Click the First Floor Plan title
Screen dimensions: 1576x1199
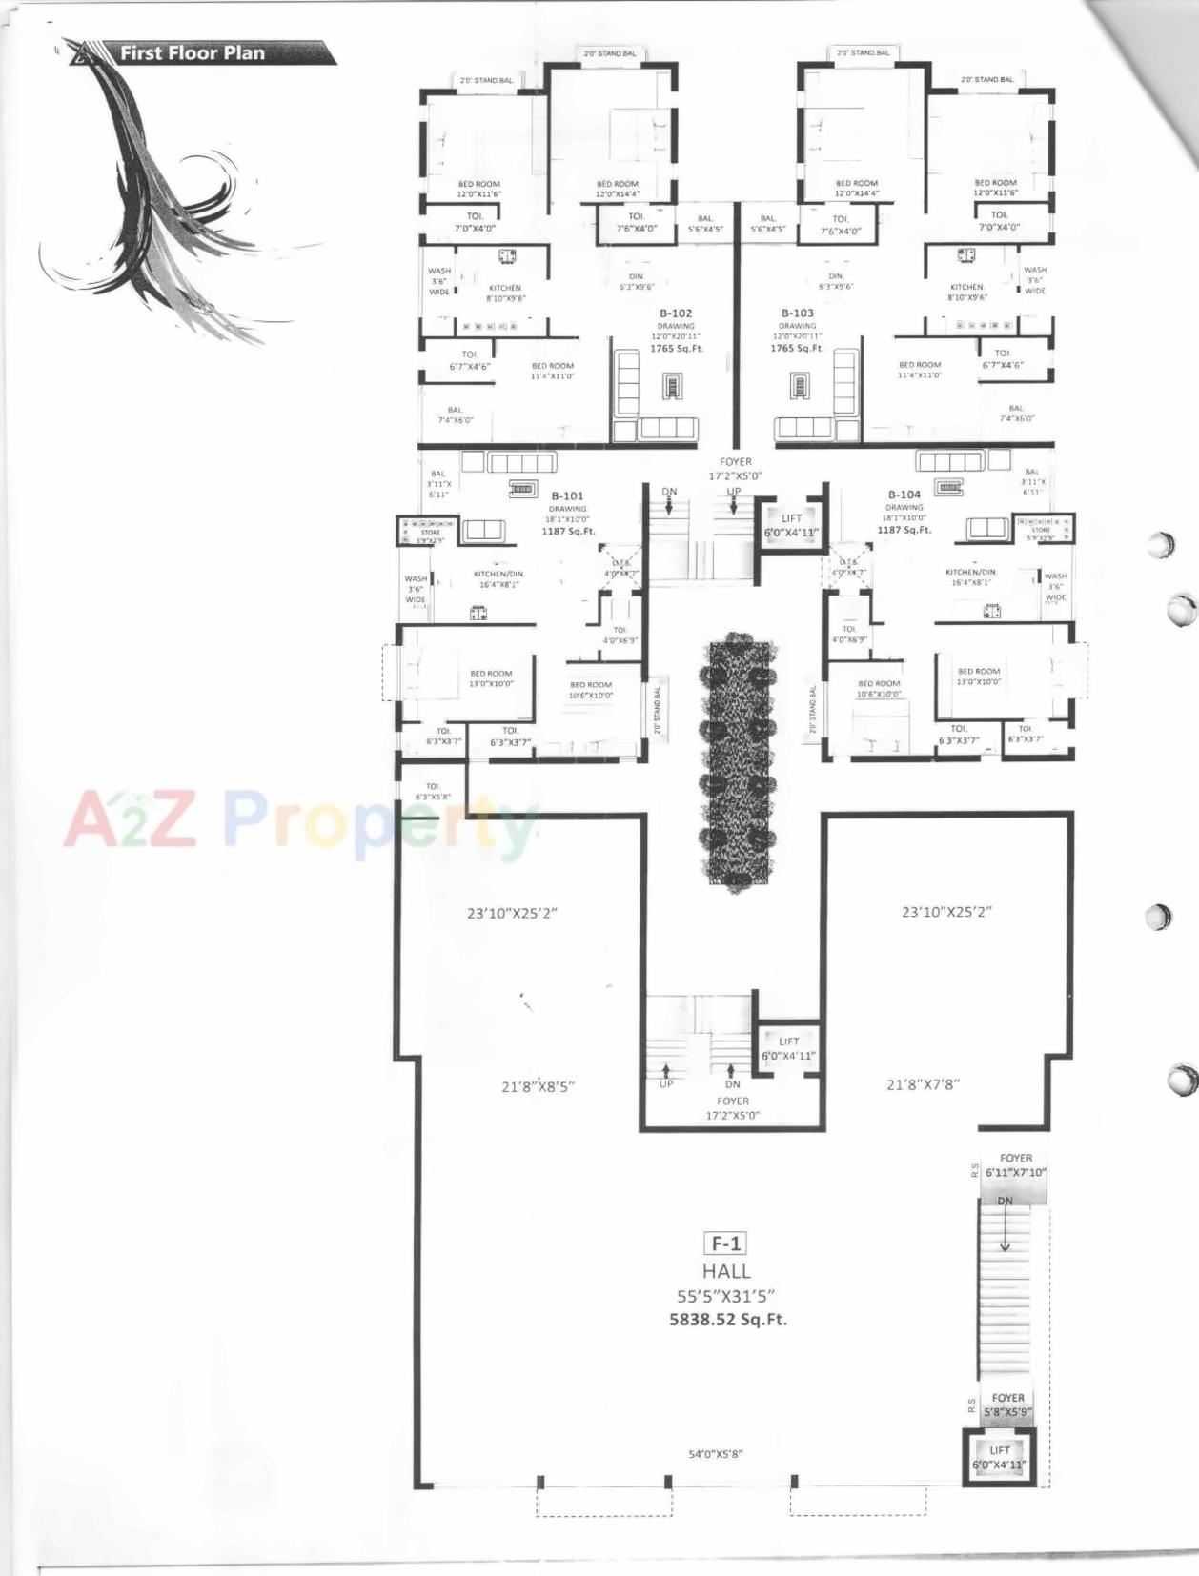pyautogui.click(x=192, y=53)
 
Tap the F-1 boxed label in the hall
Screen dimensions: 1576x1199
pyautogui.click(x=724, y=1243)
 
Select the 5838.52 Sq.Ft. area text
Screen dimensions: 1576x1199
pyautogui.click(x=728, y=1320)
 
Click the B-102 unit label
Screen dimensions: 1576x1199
pyautogui.click(x=676, y=313)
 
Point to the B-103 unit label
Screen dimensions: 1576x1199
pyautogui.click(x=797, y=313)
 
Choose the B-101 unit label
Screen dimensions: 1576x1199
pyautogui.click(x=567, y=495)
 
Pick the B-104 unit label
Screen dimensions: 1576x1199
pyautogui.click(x=904, y=495)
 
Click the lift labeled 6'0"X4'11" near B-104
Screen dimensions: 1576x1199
pyautogui.click(x=791, y=526)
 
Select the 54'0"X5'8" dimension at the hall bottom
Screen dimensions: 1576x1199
pyautogui.click(x=716, y=1454)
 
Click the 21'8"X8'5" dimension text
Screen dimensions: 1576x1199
pyautogui.click(x=538, y=1086)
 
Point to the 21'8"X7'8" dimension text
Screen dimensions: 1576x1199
pyautogui.click(x=923, y=1083)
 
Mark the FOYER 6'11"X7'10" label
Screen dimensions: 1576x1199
pyautogui.click(x=1016, y=1165)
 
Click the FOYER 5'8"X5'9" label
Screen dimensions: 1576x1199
pyautogui.click(x=1007, y=1405)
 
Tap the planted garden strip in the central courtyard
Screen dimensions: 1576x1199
pyautogui.click(x=738, y=762)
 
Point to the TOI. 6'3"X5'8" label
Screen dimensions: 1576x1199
pyautogui.click(x=433, y=792)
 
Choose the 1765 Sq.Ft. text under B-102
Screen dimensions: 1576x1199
pyautogui.click(x=677, y=349)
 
